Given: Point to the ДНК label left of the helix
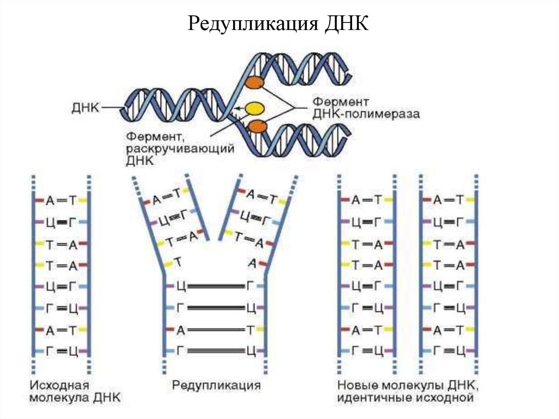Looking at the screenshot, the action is click(85, 108).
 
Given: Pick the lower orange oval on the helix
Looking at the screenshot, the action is click(257, 127).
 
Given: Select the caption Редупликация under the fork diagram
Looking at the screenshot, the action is click(216, 385).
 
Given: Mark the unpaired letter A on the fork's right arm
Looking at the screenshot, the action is click(252, 263).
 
